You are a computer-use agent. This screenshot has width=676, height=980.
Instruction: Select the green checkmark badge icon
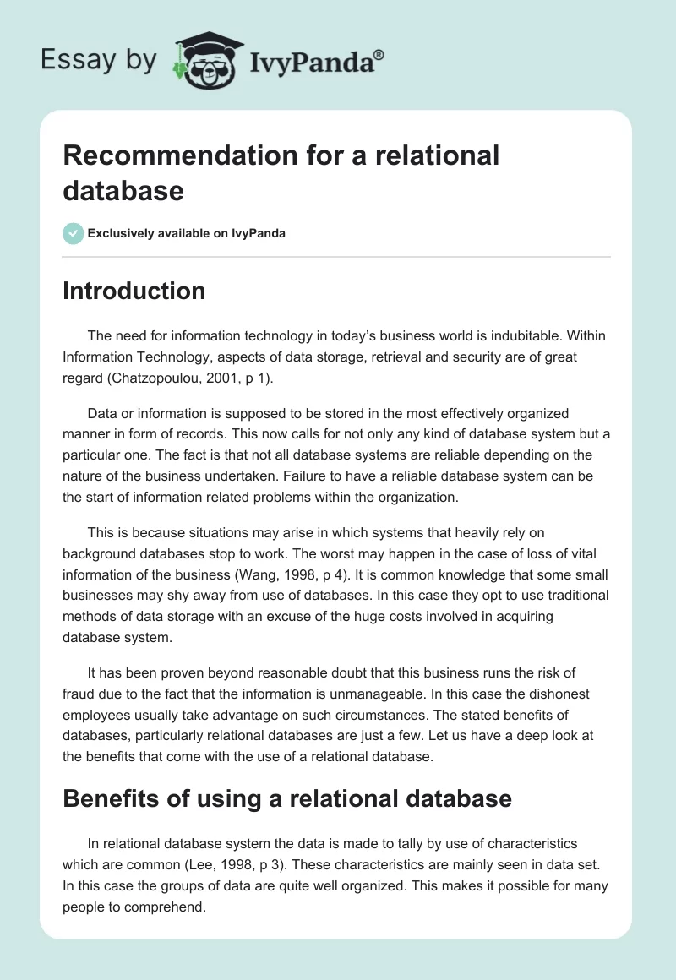coord(74,233)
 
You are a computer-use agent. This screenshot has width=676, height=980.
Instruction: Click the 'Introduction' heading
coord(134,291)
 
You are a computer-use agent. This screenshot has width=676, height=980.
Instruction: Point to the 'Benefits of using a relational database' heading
coord(287,798)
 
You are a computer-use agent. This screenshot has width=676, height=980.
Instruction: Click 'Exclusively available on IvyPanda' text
coord(186,233)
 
